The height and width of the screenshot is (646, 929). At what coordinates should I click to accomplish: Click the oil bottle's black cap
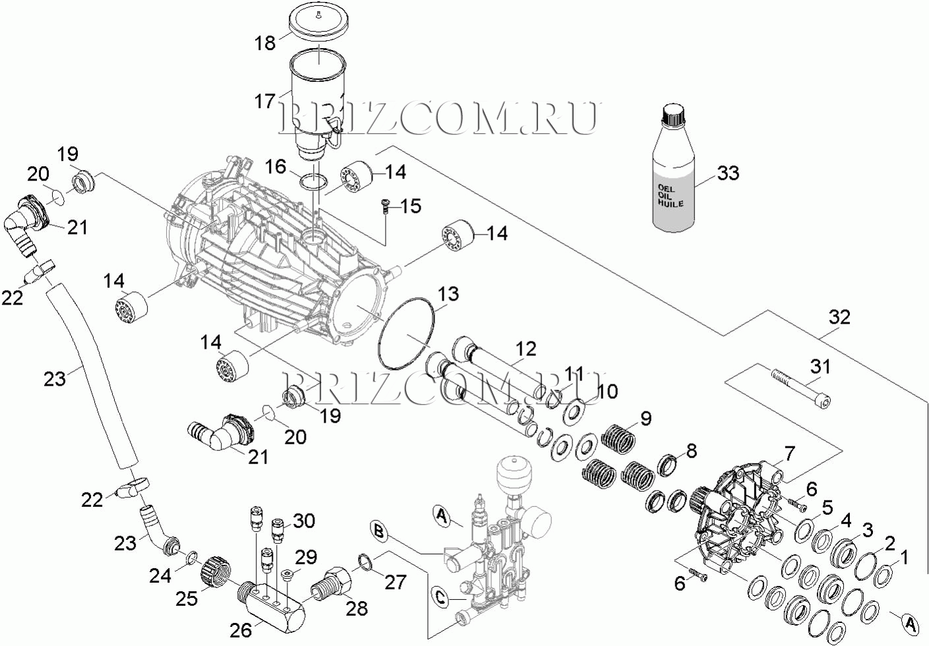click(x=673, y=116)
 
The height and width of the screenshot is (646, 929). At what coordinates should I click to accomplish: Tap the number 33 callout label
click(x=728, y=173)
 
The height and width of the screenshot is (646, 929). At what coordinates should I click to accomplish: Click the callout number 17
click(x=265, y=102)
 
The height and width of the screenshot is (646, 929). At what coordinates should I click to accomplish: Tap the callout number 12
click(x=526, y=349)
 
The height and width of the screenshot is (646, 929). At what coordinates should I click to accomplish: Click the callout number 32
click(x=840, y=317)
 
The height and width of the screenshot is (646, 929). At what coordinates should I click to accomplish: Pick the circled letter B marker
click(x=377, y=529)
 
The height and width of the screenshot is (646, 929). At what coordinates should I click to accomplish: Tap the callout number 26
click(x=241, y=630)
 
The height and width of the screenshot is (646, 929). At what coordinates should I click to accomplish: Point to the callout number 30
click(x=304, y=521)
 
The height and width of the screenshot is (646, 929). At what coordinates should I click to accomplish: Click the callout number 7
click(x=789, y=454)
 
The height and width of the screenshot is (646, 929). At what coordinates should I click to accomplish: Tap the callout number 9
click(x=645, y=418)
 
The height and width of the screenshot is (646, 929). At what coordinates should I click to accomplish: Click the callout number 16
click(x=276, y=166)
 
